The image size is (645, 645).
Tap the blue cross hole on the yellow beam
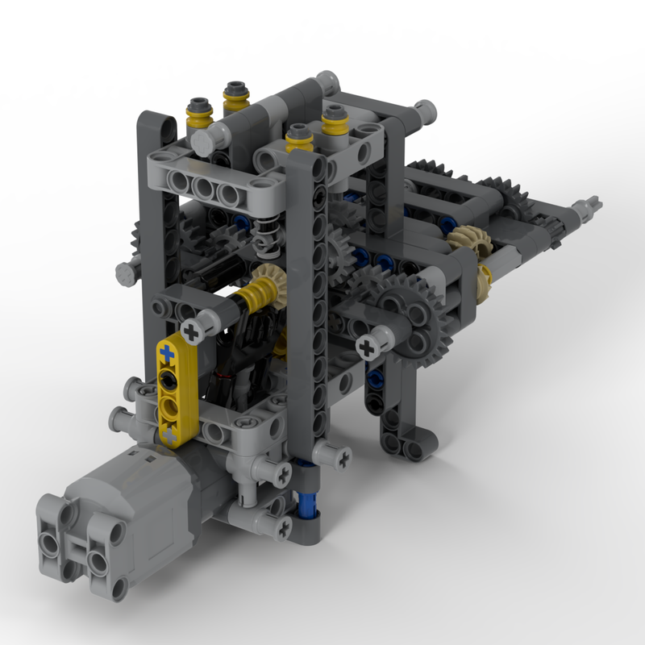[x=167, y=352]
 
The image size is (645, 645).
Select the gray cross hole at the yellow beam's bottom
[x=170, y=435]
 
